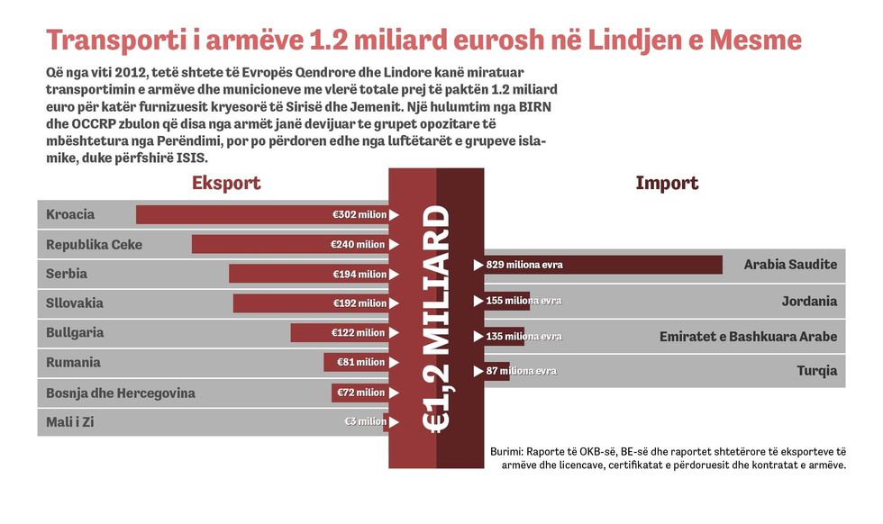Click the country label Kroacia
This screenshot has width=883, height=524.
70,214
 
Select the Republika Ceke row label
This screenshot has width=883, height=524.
94,244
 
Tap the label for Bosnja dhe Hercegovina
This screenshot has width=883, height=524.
120,393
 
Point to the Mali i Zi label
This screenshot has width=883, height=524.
69,421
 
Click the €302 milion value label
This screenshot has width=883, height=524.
359,214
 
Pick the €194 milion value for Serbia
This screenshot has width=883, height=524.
359,274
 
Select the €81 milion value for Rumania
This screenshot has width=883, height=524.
360,362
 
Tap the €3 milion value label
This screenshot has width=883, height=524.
365,421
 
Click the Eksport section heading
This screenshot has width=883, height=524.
226,183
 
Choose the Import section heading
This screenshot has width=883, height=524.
666,183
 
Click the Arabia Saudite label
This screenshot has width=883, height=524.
789,265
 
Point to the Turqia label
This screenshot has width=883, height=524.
816,371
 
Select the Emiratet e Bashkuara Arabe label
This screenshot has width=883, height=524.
747,337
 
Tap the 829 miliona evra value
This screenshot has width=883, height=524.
523,265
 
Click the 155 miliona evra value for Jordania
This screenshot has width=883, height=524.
523,301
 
